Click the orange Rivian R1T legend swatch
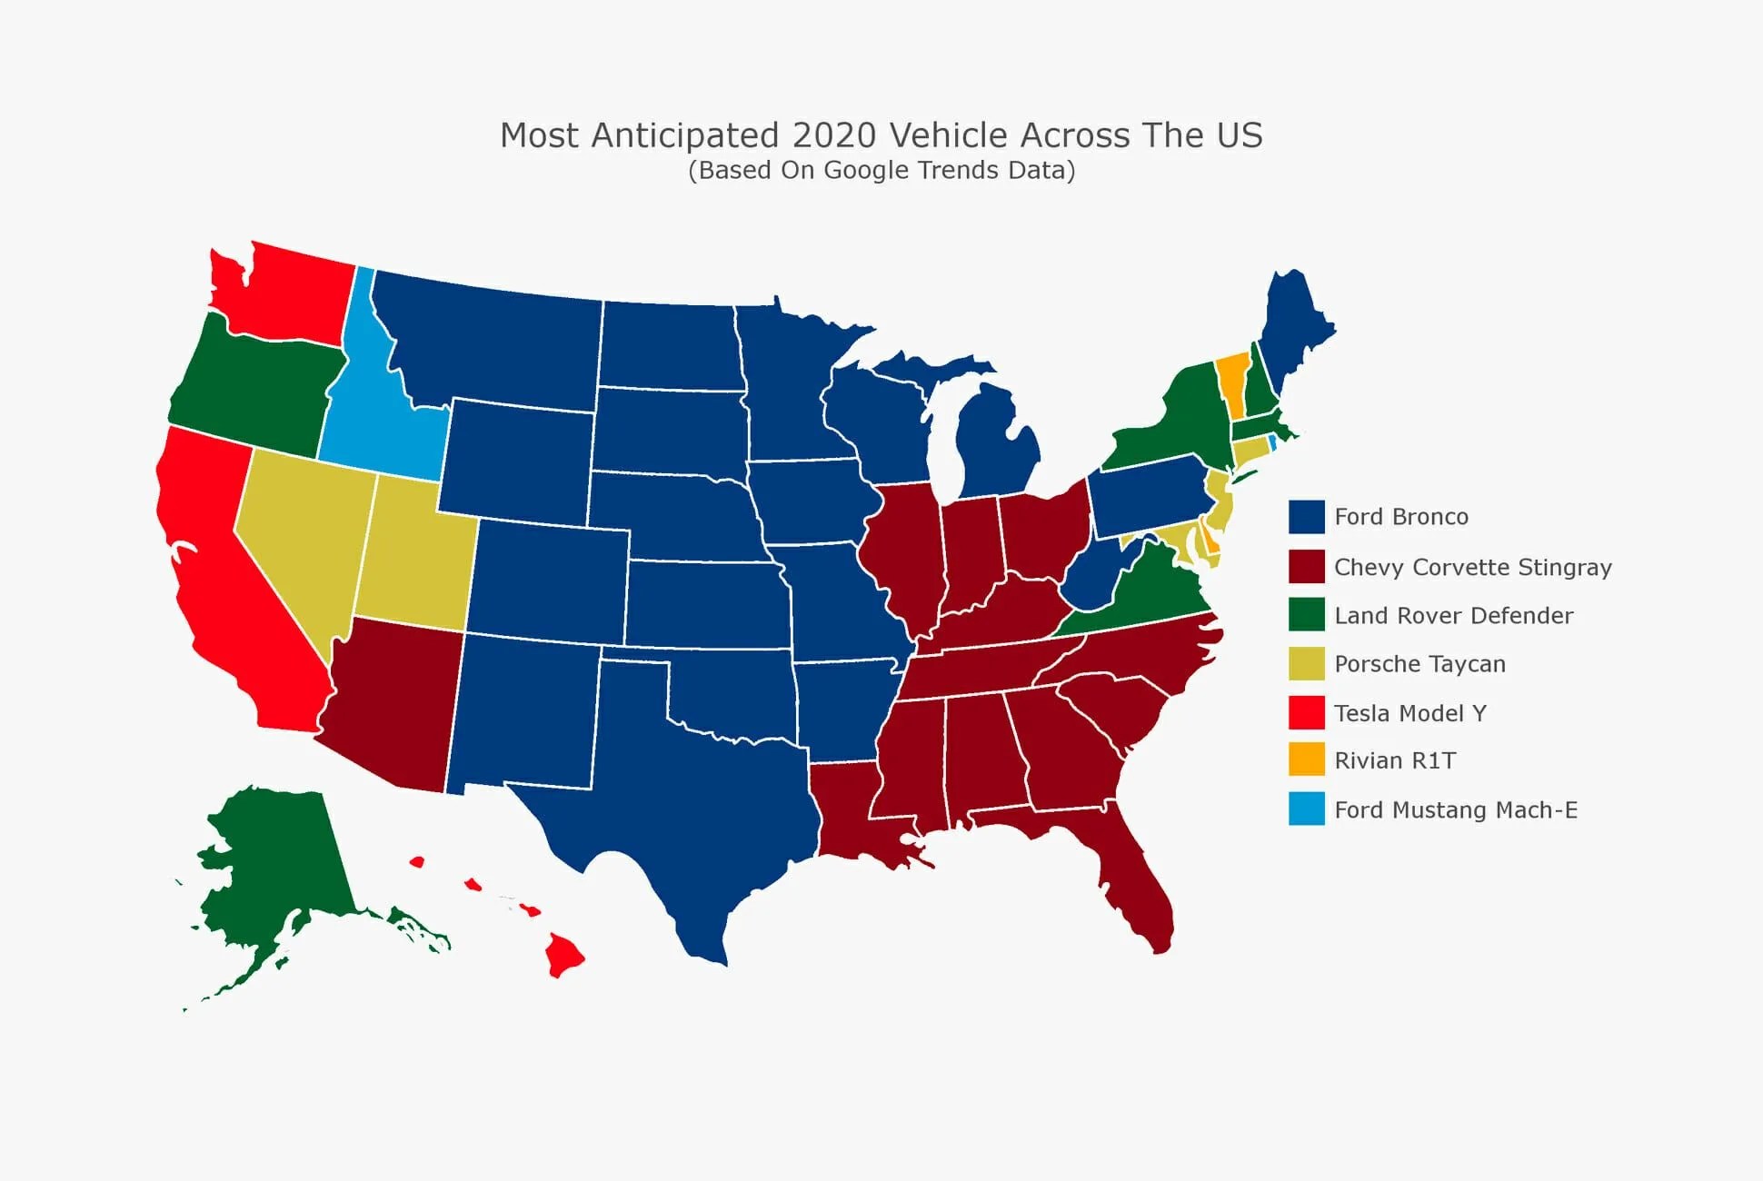1306,759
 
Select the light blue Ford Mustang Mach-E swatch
1306,809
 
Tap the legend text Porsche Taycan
1419,664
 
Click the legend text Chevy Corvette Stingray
1472,567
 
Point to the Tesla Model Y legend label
1409,713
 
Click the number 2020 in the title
834,135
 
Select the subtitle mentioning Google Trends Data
881,170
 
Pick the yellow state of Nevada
300,536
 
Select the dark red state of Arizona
391,700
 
